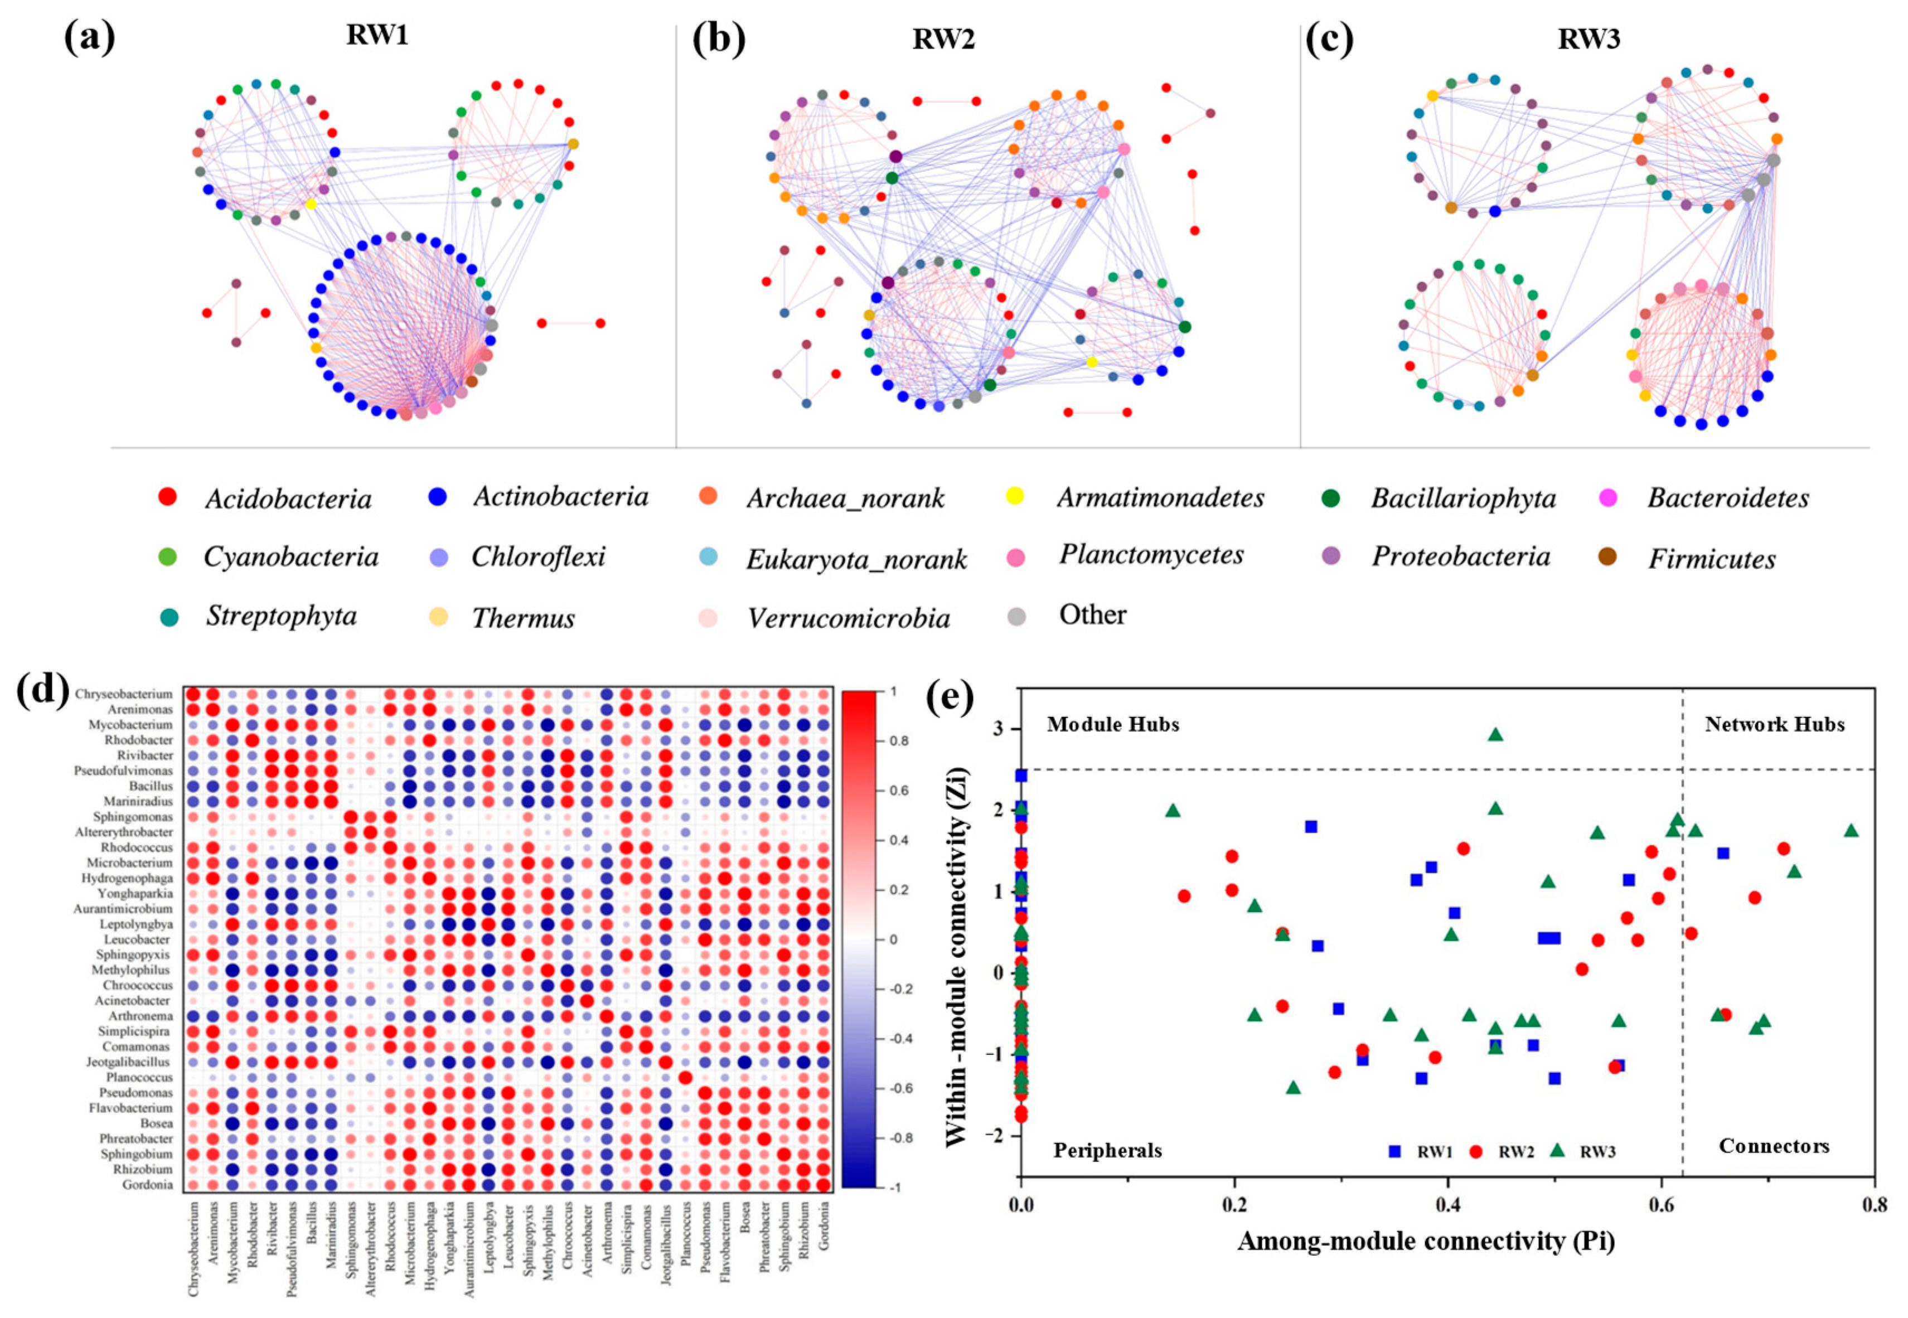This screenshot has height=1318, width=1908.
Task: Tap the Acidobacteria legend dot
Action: (x=168, y=497)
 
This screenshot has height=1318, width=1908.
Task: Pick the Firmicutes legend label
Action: (x=1712, y=559)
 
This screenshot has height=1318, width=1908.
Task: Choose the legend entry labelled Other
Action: (x=1092, y=615)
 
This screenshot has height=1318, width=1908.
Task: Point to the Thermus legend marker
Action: (x=438, y=617)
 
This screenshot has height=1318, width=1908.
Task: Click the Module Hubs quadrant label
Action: (x=1112, y=725)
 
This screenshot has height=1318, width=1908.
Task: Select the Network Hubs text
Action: (x=1774, y=725)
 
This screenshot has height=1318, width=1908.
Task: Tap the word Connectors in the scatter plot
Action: (x=1774, y=1146)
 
